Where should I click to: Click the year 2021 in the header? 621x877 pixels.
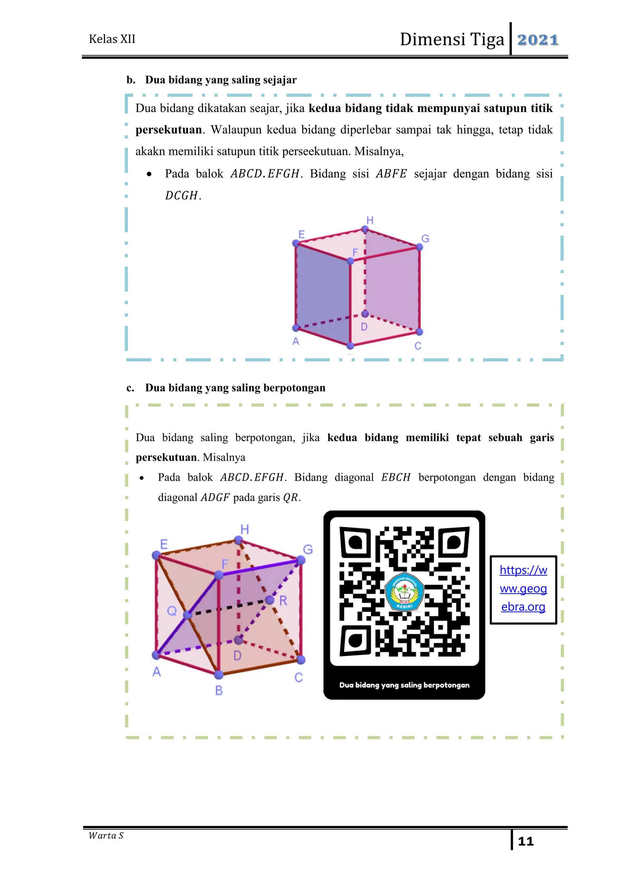[538, 40]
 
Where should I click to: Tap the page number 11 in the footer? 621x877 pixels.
[525, 841]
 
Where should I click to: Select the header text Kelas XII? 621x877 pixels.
[112, 39]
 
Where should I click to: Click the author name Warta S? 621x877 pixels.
[106, 836]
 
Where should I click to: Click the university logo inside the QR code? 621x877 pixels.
[404, 591]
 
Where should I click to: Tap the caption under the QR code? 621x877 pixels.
[404, 685]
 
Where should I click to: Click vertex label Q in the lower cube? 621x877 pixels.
[172, 611]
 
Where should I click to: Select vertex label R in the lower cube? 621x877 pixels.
[283, 601]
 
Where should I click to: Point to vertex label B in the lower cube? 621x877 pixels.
[219, 690]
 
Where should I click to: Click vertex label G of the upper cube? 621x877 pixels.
[425, 239]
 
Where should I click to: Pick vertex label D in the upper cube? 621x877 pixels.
[364, 327]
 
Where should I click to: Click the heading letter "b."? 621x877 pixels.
[131, 80]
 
